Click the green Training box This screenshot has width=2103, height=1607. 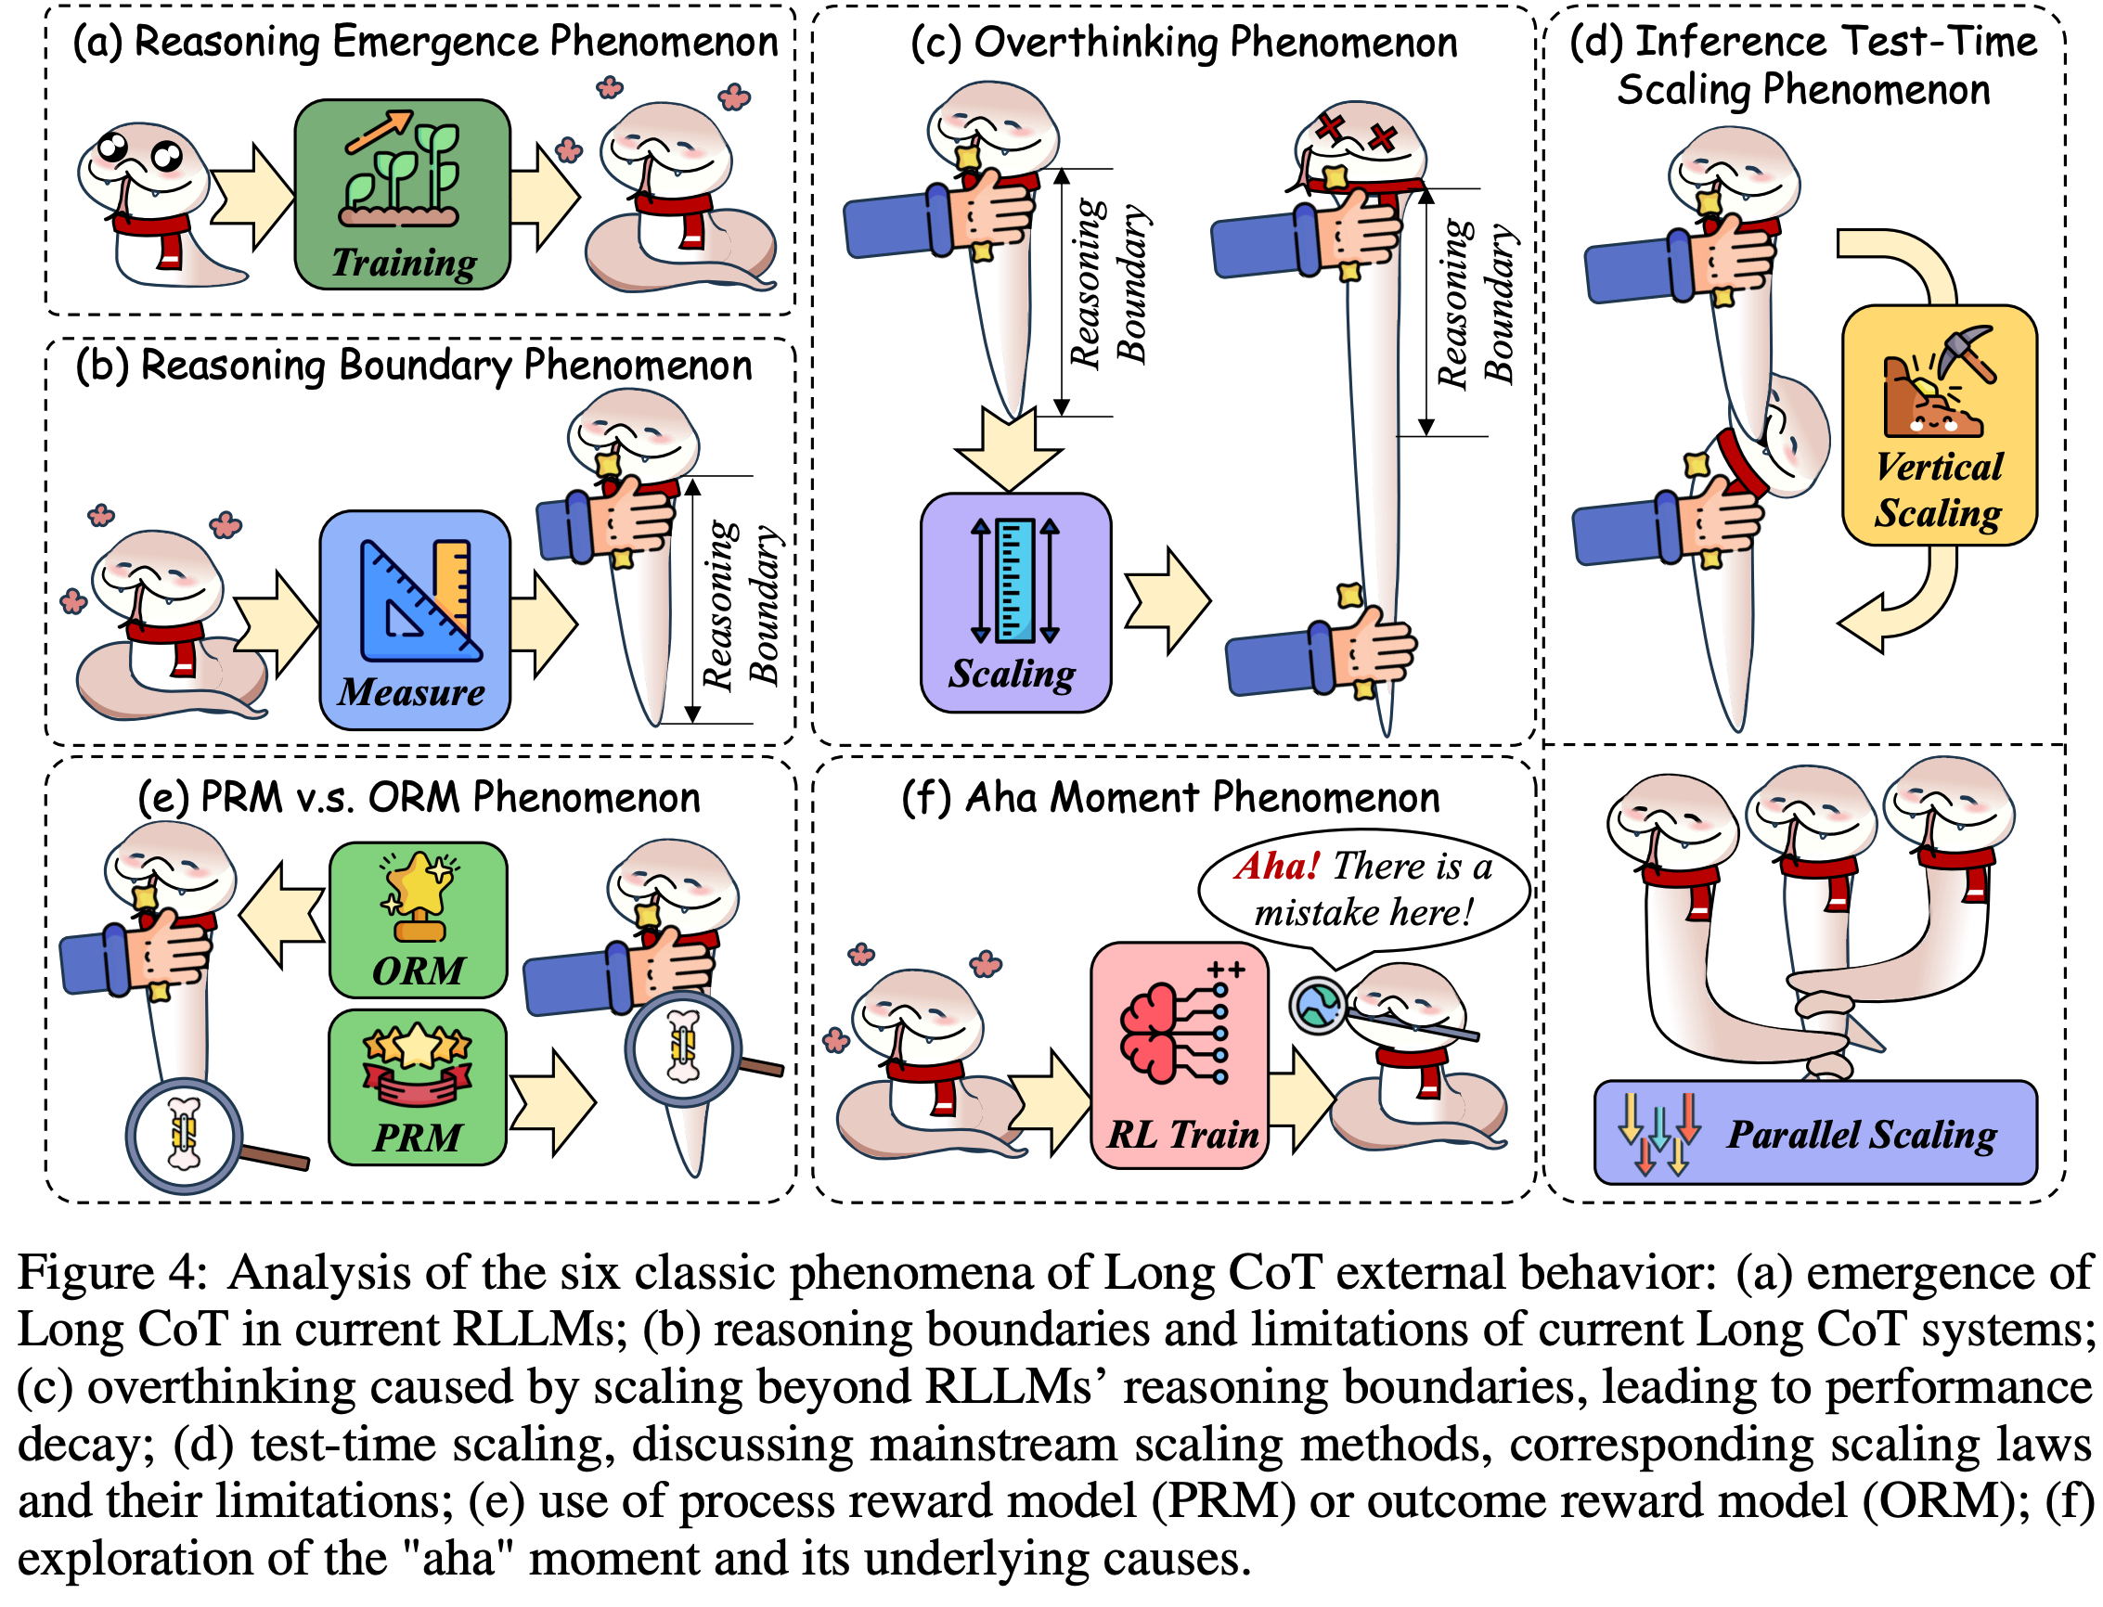pyautogui.click(x=402, y=194)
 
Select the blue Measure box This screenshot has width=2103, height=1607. pyautogui.click(x=414, y=619)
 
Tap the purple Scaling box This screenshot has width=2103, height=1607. pyautogui.click(x=1015, y=603)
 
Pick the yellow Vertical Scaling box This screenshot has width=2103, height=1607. pyautogui.click(x=1939, y=425)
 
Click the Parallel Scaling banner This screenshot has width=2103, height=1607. pyautogui.click(x=1814, y=1133)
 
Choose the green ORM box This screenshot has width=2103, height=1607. pyautogui.click(x=419, y=919)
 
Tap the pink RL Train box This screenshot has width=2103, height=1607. pyautogui.click(x=1180, y=1055)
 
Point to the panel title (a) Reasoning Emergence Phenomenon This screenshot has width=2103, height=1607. pyautogui.click(x=426, y=42)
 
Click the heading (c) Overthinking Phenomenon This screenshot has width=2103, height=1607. pyautogui.click(x=1183, y=43)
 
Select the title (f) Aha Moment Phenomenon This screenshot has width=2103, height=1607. pyautogui.click(x=1170, y=798)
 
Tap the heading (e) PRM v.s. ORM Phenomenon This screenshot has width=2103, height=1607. pyautogui.click(x=419, y=798)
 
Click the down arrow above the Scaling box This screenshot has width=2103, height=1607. pyautogui.click(x=1009, y=447)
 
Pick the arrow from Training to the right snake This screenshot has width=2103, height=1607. pyautogui.click(x=546, y=194)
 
